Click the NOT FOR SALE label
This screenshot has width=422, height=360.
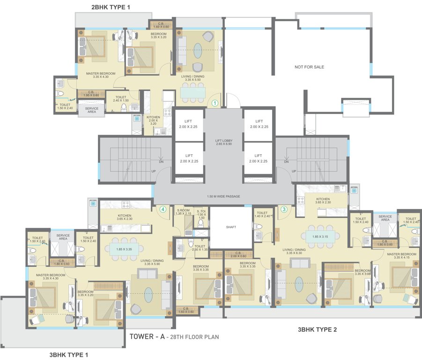(309, 67)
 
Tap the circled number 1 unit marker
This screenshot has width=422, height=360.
(215, 102)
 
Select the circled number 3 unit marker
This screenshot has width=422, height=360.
(283, 210)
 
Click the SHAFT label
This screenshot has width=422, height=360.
(230, 227)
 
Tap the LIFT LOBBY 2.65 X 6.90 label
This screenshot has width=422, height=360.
(223, 142)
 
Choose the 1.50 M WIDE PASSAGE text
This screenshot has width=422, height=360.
(223, 196)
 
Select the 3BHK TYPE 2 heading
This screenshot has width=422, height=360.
(317, 330)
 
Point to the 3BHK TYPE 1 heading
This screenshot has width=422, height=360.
(69, 355)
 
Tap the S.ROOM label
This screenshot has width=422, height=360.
(183, 212)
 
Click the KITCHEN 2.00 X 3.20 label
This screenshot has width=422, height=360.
(153, 121)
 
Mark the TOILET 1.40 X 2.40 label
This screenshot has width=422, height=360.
(262, 214)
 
